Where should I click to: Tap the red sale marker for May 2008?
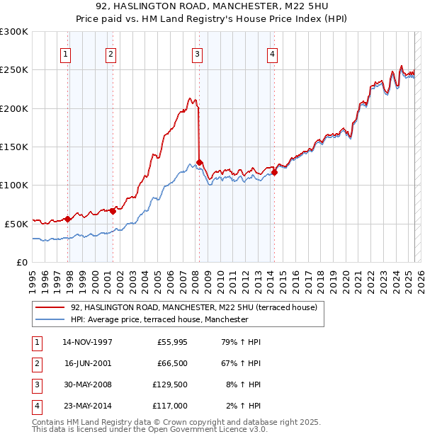(x=200, y=162)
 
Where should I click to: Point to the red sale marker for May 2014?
(x=274, y=172)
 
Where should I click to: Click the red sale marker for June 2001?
(x=113, y=210)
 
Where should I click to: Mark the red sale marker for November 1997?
(x=68, y=219)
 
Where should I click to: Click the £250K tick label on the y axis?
(x=14, y=70)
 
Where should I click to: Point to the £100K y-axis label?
(x=14, y=185)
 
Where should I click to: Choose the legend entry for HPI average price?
(x=159, y=319)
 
